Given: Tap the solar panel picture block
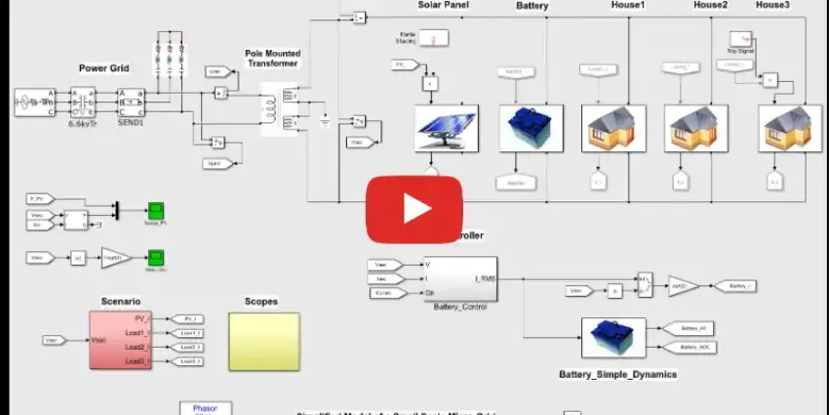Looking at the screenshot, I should click(445, 129).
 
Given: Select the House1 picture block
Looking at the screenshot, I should click(610, 128).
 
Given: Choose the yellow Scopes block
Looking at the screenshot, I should click(264, 341).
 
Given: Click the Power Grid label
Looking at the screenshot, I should click(104, 68).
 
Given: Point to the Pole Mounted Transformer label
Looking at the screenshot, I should click(272, 57).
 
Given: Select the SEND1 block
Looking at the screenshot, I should click(130, 102).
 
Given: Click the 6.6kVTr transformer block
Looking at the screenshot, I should click(79, 102).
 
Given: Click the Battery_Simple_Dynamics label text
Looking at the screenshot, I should click(617, 374).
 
